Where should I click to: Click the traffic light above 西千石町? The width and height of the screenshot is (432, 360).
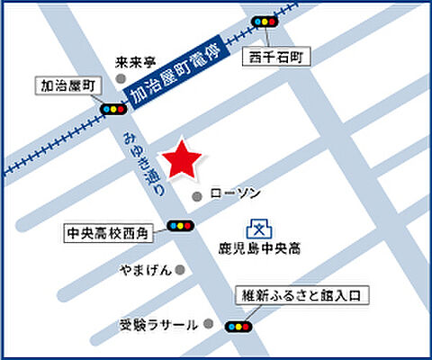tap(265, 21)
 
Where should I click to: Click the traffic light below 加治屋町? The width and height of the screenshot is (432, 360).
tap(113, 109)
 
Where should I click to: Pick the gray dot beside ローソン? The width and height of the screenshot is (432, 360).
tap(198, 195)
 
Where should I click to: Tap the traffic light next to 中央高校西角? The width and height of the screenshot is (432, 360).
tap(181, 226)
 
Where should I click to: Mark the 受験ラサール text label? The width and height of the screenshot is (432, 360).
tap(158, 324)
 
